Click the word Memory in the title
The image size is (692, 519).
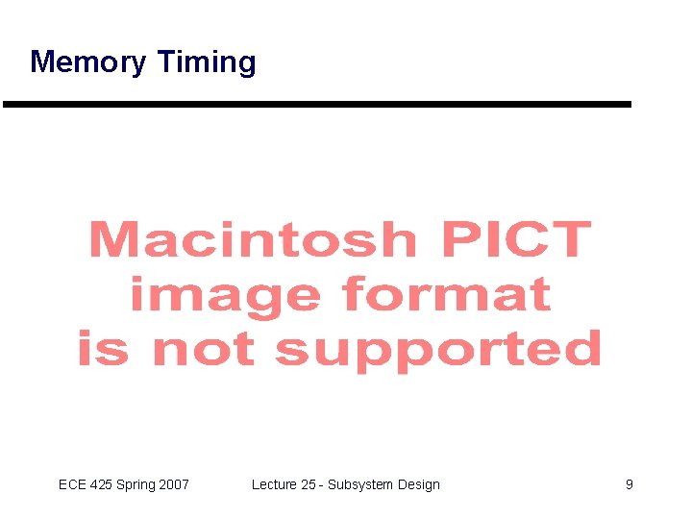coord(88,62)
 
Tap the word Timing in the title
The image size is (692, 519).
coord(206,62)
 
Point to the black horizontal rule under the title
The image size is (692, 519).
coord(317,104)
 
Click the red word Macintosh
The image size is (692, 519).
coord(253,239)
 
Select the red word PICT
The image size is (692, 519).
coord(516,239)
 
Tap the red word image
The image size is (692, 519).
coord(224,294)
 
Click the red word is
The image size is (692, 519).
coord(101,349)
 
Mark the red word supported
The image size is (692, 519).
coord(437,351)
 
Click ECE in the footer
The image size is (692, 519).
coord(72,484)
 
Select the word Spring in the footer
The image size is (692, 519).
coord(136,485)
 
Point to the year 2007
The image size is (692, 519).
coord(174,484)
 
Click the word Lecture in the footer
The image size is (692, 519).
coord(274,484)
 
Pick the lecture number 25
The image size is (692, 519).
coord(309,484)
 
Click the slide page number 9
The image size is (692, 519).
coord(630,484)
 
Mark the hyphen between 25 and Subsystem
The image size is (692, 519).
coord(322,485)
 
